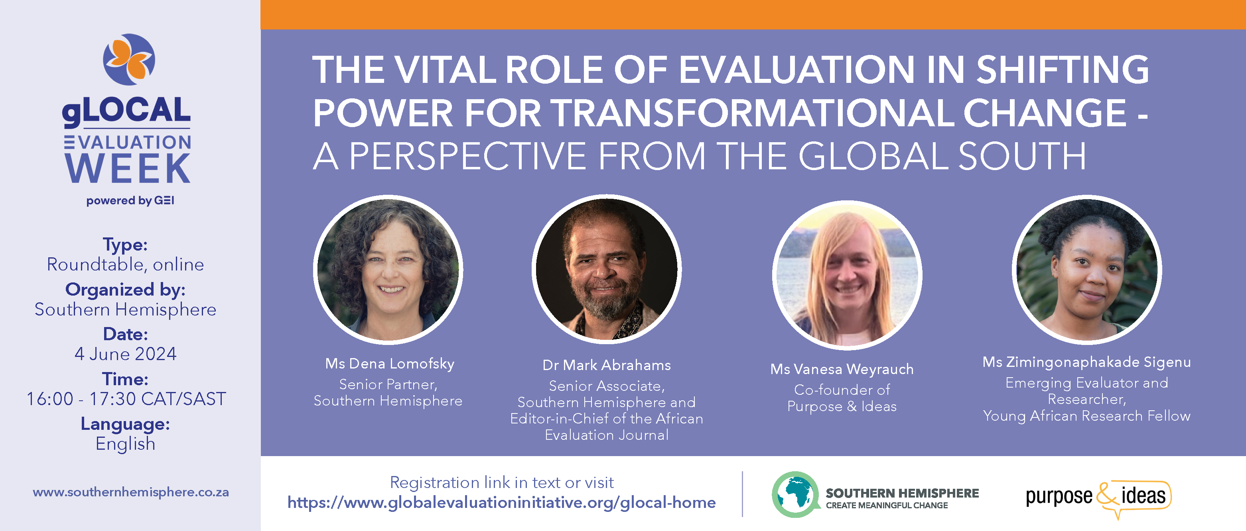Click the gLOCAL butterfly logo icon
129,59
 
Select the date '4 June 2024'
126,354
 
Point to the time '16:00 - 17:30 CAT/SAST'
126,399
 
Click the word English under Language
126,444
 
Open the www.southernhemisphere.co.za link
130,492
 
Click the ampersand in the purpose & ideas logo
1108,498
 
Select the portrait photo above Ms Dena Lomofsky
388,270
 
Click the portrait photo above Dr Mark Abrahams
607,269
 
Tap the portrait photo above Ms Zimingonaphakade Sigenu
1087,270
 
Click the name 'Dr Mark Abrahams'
607,365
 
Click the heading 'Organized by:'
126,290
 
